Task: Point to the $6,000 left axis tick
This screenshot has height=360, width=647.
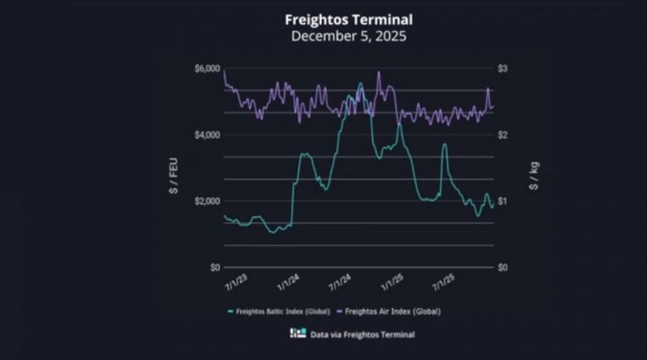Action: coord(206,69)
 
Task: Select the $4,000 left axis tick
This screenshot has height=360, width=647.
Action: coord(206,135)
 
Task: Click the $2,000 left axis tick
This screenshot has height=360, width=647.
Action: coord(206,201)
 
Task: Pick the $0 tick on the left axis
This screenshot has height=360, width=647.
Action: coord(214,267)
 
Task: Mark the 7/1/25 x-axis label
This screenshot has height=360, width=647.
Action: coord(444,284)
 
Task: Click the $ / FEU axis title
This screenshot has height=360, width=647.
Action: coord(175,168)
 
